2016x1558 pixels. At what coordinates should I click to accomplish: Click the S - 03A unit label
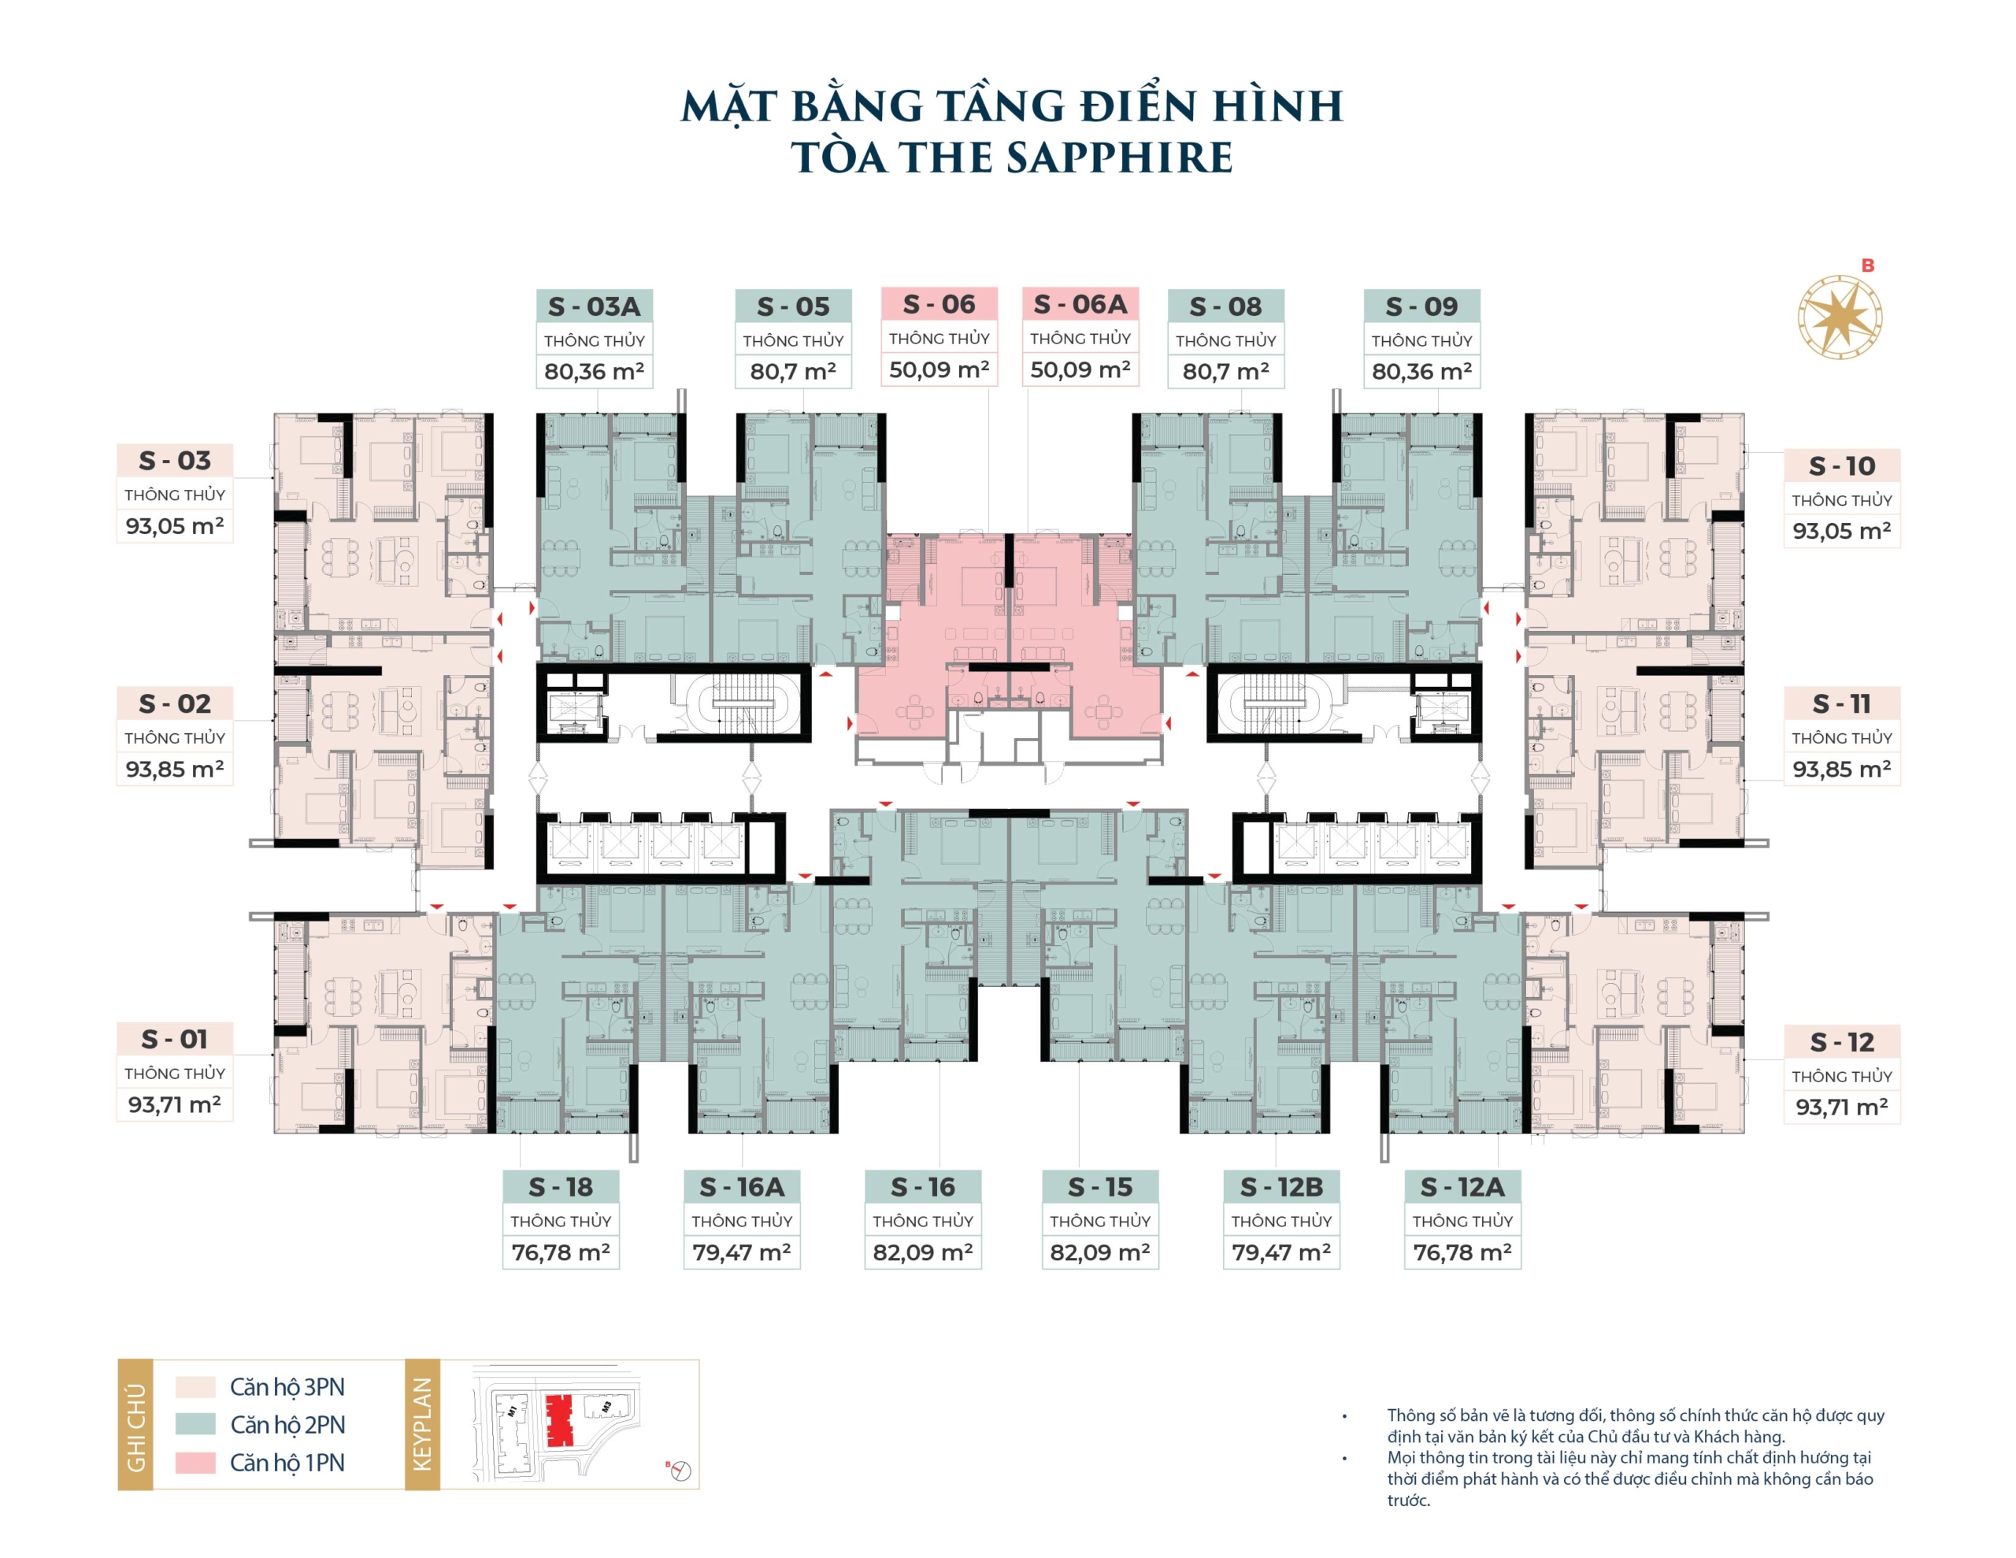[x=594, y=306]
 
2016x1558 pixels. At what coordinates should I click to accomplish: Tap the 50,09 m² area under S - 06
[x=939, y=369]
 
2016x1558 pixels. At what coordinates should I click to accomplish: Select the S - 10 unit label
[x=1841, y=466]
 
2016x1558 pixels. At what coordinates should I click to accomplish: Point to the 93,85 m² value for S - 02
[x=175, y=769]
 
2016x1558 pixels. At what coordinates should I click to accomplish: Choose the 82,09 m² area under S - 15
[x=1099, y=1252]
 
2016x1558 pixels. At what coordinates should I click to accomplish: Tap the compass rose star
[x=1840, y=317]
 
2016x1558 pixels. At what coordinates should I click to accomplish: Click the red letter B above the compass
[x=1867, y=265]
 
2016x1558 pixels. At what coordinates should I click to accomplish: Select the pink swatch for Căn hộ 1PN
[x=195, y=1462]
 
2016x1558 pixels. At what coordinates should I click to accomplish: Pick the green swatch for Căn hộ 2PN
[x=195, y=1424]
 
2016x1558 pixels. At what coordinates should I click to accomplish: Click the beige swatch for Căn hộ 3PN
[x=195, y=1386]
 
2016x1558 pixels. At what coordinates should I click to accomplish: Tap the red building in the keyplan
[x=558, y=1420]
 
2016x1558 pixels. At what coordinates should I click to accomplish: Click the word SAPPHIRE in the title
[x=1119, y=158]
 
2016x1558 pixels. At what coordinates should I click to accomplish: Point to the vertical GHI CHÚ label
[x=135, y=1424]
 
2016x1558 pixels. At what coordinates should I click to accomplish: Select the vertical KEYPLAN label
[x=422, y=1424]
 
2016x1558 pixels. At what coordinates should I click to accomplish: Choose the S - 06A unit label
[x=1080, y=304]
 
